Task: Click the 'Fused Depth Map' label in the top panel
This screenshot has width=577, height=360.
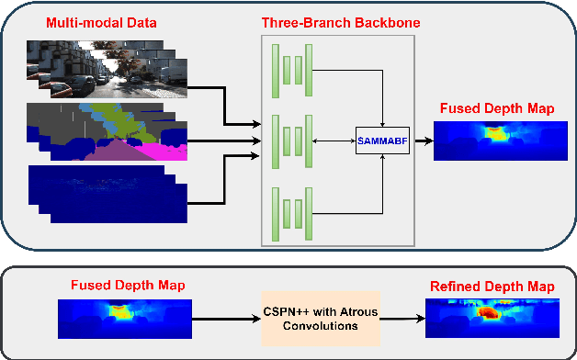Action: click(x=496, y=109)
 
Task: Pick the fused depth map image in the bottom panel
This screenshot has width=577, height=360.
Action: click(x=125, y=321)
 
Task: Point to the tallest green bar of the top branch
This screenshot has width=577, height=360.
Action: click(x=276, y=69)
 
